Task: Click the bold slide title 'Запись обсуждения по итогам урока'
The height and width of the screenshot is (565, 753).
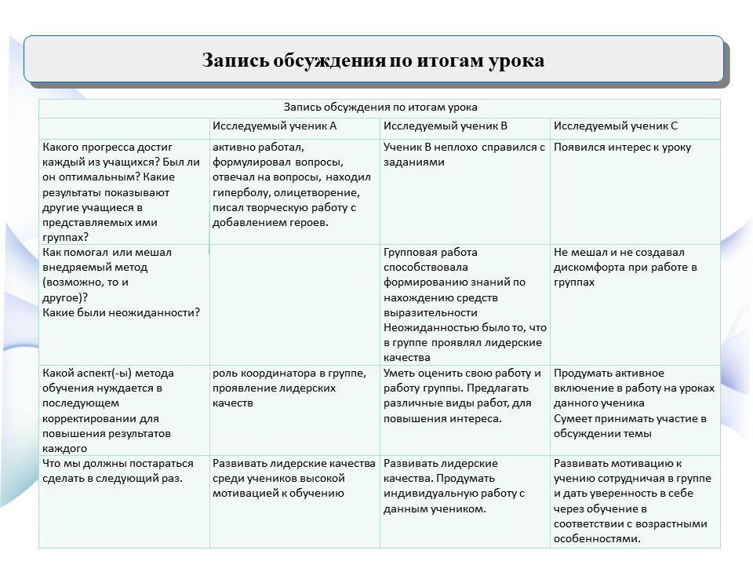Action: click(x=373, y=60)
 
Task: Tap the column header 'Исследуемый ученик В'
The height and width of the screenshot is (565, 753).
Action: click(x=446, y=126)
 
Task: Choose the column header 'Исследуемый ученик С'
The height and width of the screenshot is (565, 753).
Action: click(x=616, y=126)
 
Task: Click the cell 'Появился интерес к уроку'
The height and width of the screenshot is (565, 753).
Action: click(x=623, y=147)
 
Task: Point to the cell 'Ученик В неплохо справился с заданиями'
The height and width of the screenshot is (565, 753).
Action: click(x=464, y=155)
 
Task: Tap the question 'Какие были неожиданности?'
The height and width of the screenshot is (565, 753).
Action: click(x=122, y=312)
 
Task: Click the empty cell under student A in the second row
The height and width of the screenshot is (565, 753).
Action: click(x=294, y=304)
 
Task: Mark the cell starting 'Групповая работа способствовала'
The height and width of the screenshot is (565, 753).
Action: click(x=464, y=304)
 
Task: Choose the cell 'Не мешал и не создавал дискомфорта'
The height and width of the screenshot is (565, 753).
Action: click(x=625, y=267)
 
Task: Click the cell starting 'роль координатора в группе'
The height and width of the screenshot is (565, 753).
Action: click(x=289, y=388)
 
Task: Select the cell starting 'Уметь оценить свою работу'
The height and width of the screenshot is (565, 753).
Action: click(x=462, y=395)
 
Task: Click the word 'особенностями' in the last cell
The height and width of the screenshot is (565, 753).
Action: click(x=597, y=539)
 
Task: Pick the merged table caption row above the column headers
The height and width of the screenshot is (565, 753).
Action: click(x=380, y=108)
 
